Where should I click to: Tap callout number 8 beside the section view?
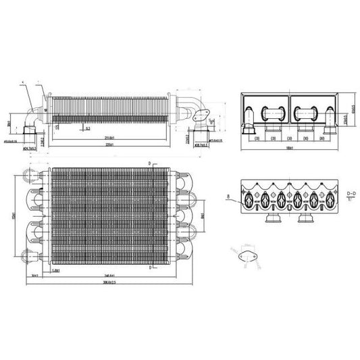point(229,197)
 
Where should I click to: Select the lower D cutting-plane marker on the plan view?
point(147,267)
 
